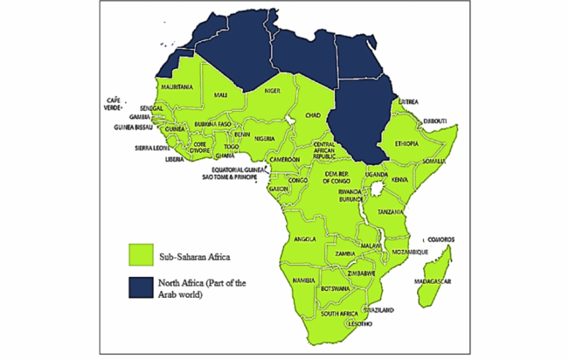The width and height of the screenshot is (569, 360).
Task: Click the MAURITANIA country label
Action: [x=177, y=87]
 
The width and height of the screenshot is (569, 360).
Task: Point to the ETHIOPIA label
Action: [x=411, y=143]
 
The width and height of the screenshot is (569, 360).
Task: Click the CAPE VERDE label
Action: [x=113, y=103]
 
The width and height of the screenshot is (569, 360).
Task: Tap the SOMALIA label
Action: [x=432, y=161]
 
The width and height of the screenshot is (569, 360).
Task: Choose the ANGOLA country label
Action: [x=305, y=239]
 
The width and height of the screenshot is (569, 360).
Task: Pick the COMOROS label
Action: [x=443, y=240]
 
